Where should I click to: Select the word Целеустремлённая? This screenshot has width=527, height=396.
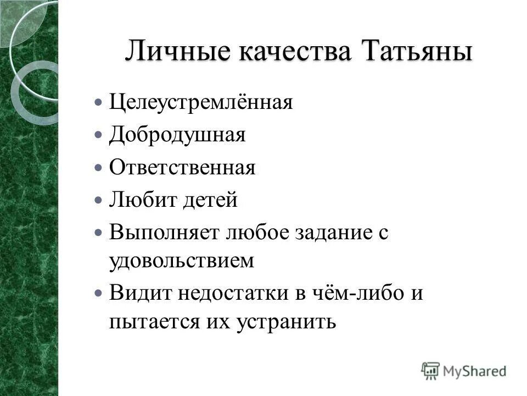click(200, 103)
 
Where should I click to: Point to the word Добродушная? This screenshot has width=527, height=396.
click(177, 135)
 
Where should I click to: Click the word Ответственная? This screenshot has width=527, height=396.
click(182, 167)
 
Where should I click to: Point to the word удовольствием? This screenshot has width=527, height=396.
click(182, 260)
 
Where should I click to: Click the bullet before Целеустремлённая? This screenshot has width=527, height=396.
click(98, 103)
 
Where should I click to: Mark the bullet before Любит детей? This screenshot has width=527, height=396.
click(98, 200)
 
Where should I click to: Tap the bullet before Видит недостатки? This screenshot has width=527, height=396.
click(98, 293)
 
